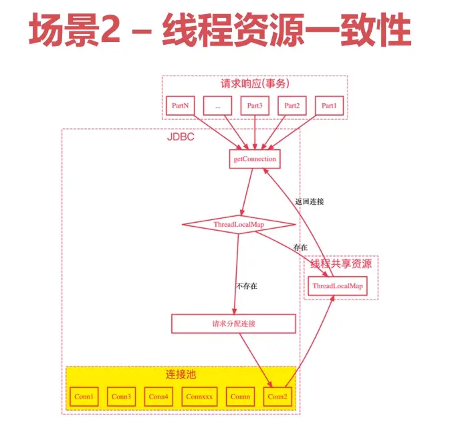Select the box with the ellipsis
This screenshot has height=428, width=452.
click(x=218, y=106)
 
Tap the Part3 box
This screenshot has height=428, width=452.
click(x=255, y=106)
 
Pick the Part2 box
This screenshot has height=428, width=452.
click(x=292, y=106)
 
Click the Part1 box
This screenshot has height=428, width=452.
click(x=328, y=106)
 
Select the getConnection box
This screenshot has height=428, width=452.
click(x=253, y=159)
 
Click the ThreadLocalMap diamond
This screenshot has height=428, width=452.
click(x=239, y=225)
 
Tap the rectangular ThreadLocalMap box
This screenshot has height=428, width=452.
click(x=338, y=286)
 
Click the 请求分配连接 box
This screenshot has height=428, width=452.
click(x=233, y=324)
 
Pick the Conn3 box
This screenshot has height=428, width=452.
click(x=121, y=397)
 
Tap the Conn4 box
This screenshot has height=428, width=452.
click(x=158, y=397)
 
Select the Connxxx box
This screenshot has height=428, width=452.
click(x=199, y=397)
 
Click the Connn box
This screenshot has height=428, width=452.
click(x=240, y=397)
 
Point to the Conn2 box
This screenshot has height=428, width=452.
click(x=277, y=397)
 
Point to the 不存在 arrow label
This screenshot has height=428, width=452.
click(x=246, y=286)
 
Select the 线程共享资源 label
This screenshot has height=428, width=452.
click(x=341, y=263)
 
